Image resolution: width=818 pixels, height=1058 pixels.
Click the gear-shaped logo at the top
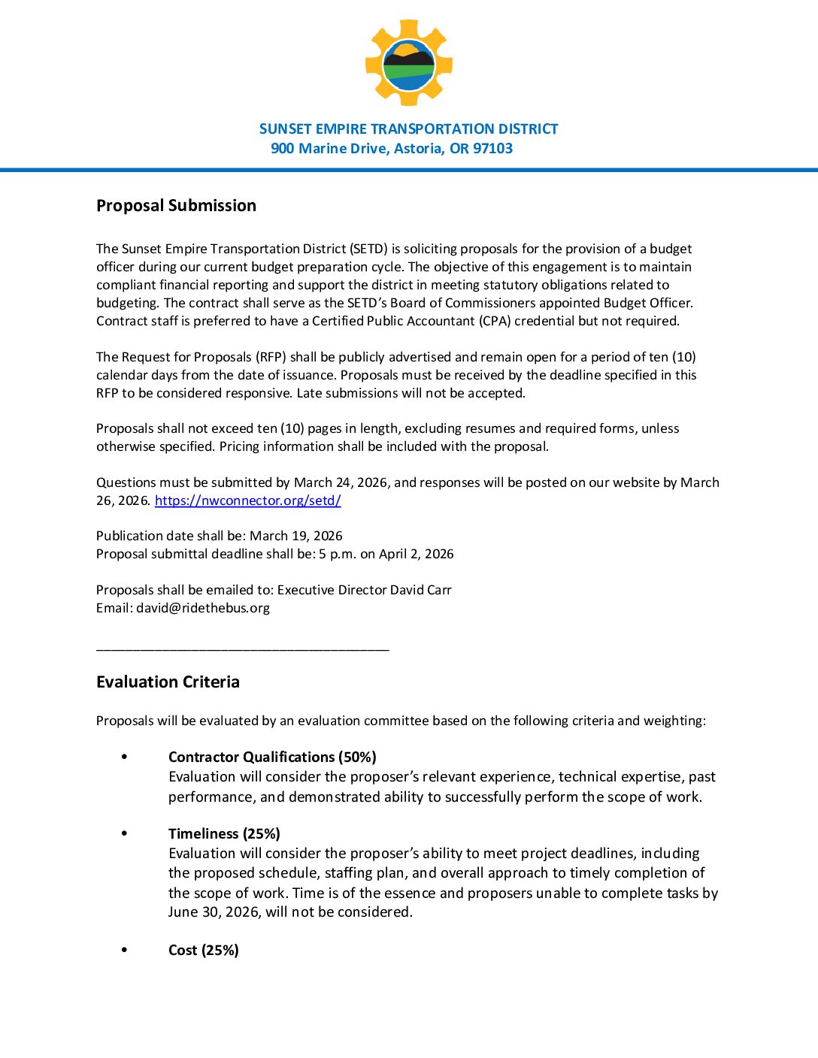pos(408,62)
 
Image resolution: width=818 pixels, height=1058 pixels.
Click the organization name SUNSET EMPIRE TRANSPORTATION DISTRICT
pos(408,129)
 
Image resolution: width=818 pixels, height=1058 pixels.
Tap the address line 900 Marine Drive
pos(392,149)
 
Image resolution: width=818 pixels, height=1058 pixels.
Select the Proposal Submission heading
pos(176,206)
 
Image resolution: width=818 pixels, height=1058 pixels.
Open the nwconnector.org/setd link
pos(247,500)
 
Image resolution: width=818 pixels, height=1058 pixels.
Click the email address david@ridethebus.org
pos(203,608)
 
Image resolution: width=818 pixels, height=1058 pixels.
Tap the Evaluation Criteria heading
pos(168,682)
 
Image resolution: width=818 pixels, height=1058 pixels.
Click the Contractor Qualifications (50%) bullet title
pos(272,757)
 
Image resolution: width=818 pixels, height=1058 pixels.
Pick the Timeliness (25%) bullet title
pos(224,833)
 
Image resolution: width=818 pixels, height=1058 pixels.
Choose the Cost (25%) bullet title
pos(204,950)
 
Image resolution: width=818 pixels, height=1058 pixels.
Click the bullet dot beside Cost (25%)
pos(124,950)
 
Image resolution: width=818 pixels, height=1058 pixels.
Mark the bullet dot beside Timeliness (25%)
pos(124,833)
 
